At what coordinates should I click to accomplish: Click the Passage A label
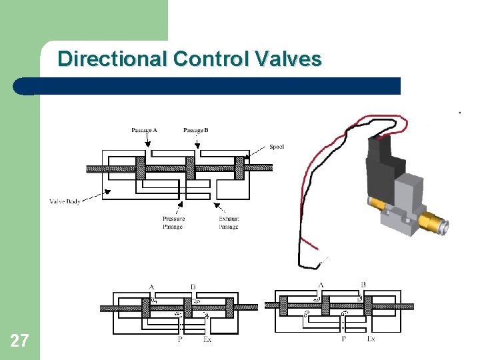(144, 130)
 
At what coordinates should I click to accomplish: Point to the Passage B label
(195, 130)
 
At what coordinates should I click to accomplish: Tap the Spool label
(277, 147)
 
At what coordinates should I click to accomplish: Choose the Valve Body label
(65, 201)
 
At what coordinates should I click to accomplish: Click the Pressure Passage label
(173, 223)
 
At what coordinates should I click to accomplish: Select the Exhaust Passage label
(229, 223)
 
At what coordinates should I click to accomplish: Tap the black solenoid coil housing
(383, 167)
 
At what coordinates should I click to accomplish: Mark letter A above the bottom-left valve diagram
(151, 287)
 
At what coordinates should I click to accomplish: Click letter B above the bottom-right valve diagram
(363, 285)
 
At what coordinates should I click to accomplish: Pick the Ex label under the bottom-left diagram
(207, 339)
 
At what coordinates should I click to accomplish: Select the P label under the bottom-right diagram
(343, 339)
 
